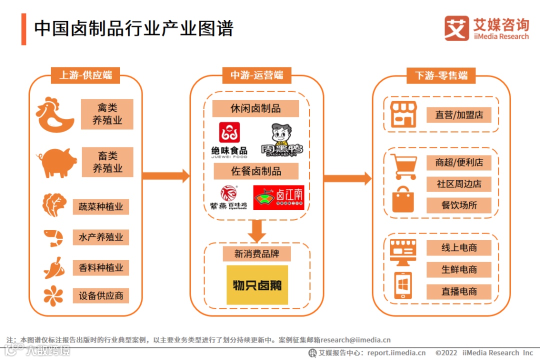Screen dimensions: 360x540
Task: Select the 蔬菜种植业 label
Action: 100,206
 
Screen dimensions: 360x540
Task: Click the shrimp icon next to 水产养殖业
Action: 53,238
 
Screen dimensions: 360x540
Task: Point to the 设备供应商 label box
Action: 100,295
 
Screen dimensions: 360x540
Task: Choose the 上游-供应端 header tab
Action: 85,75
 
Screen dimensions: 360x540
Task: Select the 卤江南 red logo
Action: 278,197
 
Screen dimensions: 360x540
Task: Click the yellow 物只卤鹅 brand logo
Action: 257,285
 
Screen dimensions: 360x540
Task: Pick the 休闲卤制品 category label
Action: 255,108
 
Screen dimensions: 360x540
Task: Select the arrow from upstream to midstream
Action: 165,176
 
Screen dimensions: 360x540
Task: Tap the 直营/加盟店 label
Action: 459,115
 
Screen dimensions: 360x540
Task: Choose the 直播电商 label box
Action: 459,291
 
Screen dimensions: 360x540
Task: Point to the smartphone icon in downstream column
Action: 403,285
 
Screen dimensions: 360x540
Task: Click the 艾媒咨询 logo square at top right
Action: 457,28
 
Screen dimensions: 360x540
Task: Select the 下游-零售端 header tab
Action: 441,75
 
